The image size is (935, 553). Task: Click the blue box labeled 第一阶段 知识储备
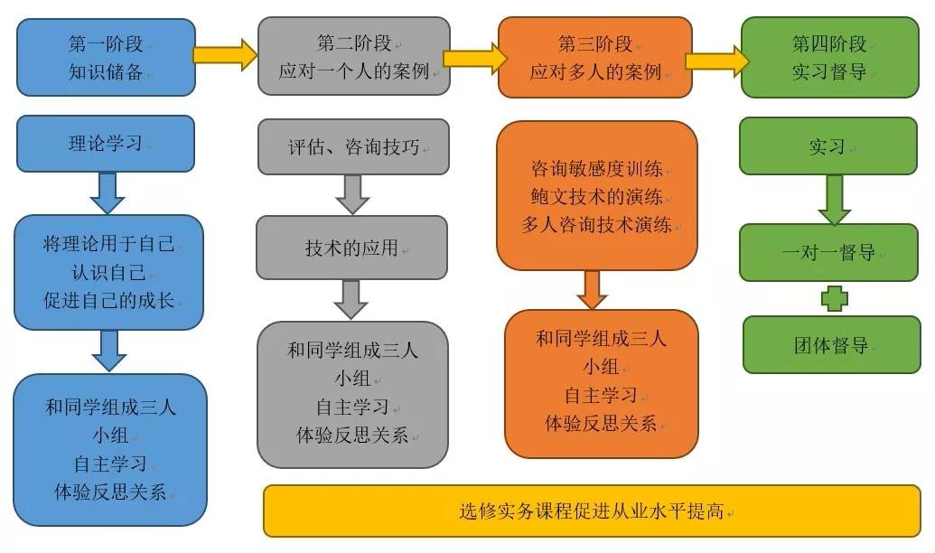click(107, 57)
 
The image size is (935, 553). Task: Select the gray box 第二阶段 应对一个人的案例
click(353, 56)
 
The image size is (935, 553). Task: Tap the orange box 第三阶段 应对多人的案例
click(595, 57)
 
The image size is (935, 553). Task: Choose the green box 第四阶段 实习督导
click(829, 57)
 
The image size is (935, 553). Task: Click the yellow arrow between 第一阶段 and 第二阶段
click(226, 54)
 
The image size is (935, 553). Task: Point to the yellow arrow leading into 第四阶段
click(716, 60)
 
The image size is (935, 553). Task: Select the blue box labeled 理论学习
click(107, 144)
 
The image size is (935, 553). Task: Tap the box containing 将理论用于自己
click(108, 272)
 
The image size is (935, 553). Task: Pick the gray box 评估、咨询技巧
click(353, 147)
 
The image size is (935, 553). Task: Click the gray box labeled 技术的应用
click(351, 248)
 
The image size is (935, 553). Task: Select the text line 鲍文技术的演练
click(597, 197)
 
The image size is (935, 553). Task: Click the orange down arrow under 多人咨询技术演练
click(593, 289)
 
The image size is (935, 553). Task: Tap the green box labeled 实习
click(828, 146)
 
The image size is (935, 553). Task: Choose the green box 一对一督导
click(828, 253)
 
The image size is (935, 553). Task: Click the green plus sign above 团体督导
click(834, 298)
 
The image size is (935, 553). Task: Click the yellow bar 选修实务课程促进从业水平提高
click(593, 511)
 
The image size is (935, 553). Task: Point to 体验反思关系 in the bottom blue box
click(110, 492)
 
